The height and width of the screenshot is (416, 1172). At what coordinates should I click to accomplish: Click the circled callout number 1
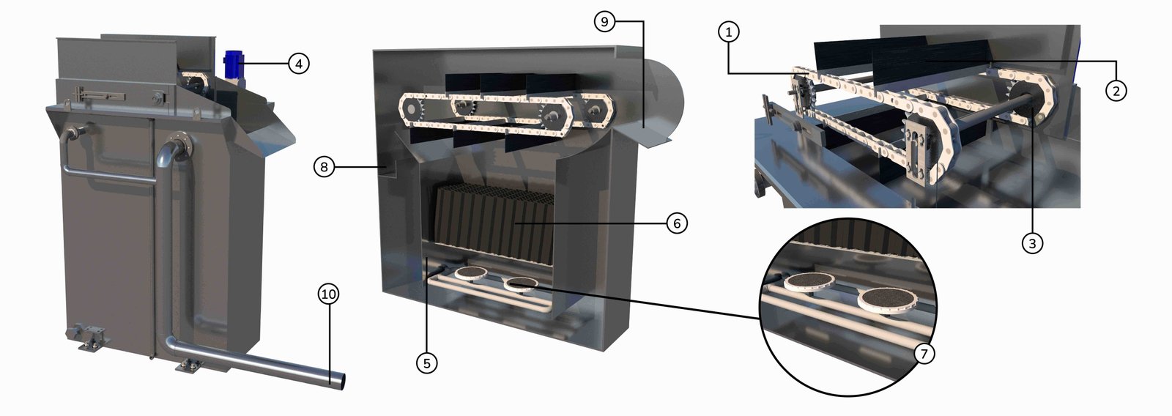click(728, 32)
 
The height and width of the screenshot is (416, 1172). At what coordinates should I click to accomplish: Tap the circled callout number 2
click(1116, 91)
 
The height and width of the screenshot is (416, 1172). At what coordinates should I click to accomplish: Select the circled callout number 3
click(1032, 243)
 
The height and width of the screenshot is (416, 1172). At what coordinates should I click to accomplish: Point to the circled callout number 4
click(298, 64)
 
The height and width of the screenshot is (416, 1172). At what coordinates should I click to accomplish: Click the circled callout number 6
click(677, 223)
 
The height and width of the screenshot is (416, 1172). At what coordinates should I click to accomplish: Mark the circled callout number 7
click(924, 354)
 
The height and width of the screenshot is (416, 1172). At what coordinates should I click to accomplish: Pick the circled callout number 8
click(324, 167)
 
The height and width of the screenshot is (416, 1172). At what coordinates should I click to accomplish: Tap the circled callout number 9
click(605, 21)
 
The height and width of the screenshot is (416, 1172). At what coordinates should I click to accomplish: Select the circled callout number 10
click(328, 294)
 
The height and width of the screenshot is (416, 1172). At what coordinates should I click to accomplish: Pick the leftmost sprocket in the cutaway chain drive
click(412, 110)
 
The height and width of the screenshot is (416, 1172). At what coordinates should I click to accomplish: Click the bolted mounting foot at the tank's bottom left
click(91, 338)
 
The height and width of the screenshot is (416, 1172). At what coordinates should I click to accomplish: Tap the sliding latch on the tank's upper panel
click(100, 96)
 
